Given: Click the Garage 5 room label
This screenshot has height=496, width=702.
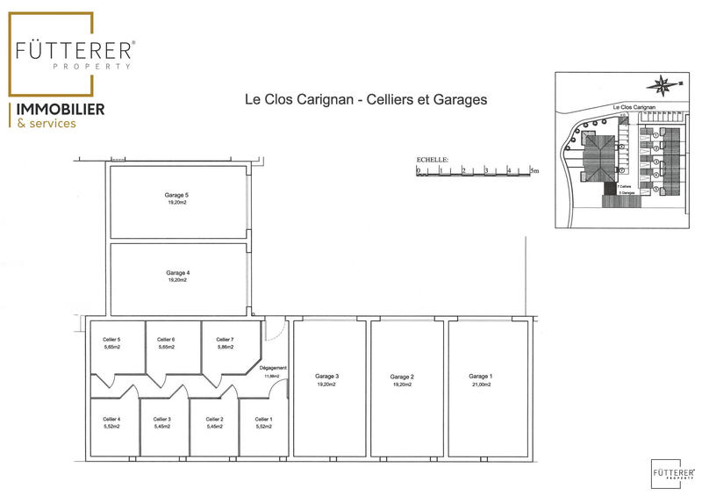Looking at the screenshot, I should coord(177,194).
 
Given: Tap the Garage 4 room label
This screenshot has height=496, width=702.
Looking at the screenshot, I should coord(177,273).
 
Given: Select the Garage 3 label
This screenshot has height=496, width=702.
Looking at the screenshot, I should coord(327,377).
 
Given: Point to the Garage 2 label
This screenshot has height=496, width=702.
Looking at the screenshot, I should coord(402,377).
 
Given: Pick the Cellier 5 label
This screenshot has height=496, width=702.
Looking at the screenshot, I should coord(111,340).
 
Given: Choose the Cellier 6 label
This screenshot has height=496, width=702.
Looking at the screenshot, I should coord(166,340).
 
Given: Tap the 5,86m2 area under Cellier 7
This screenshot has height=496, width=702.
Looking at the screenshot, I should coord(225,348).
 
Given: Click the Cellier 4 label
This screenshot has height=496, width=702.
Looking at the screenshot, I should coord(111,419).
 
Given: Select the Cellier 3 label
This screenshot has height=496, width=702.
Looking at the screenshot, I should coord(162,419).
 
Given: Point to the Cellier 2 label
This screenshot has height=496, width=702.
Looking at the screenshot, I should coord(215,419).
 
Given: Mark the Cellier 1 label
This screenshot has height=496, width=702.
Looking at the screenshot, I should coord(264,419).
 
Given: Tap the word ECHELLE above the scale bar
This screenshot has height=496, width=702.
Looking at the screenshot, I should coord(433,161).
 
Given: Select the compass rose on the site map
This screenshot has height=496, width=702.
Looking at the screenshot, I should coord(662,86).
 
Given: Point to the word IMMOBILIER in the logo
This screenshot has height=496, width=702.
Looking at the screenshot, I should coord(56,109).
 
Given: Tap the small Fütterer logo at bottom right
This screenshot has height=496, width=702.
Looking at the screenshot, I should coord(670,471).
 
